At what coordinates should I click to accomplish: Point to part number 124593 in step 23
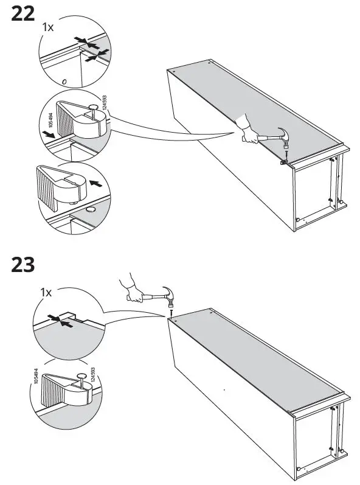coord(93,377)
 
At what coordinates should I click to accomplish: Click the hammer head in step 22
coord(283,135)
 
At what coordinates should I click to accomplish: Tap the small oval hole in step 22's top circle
coord(63,80)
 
